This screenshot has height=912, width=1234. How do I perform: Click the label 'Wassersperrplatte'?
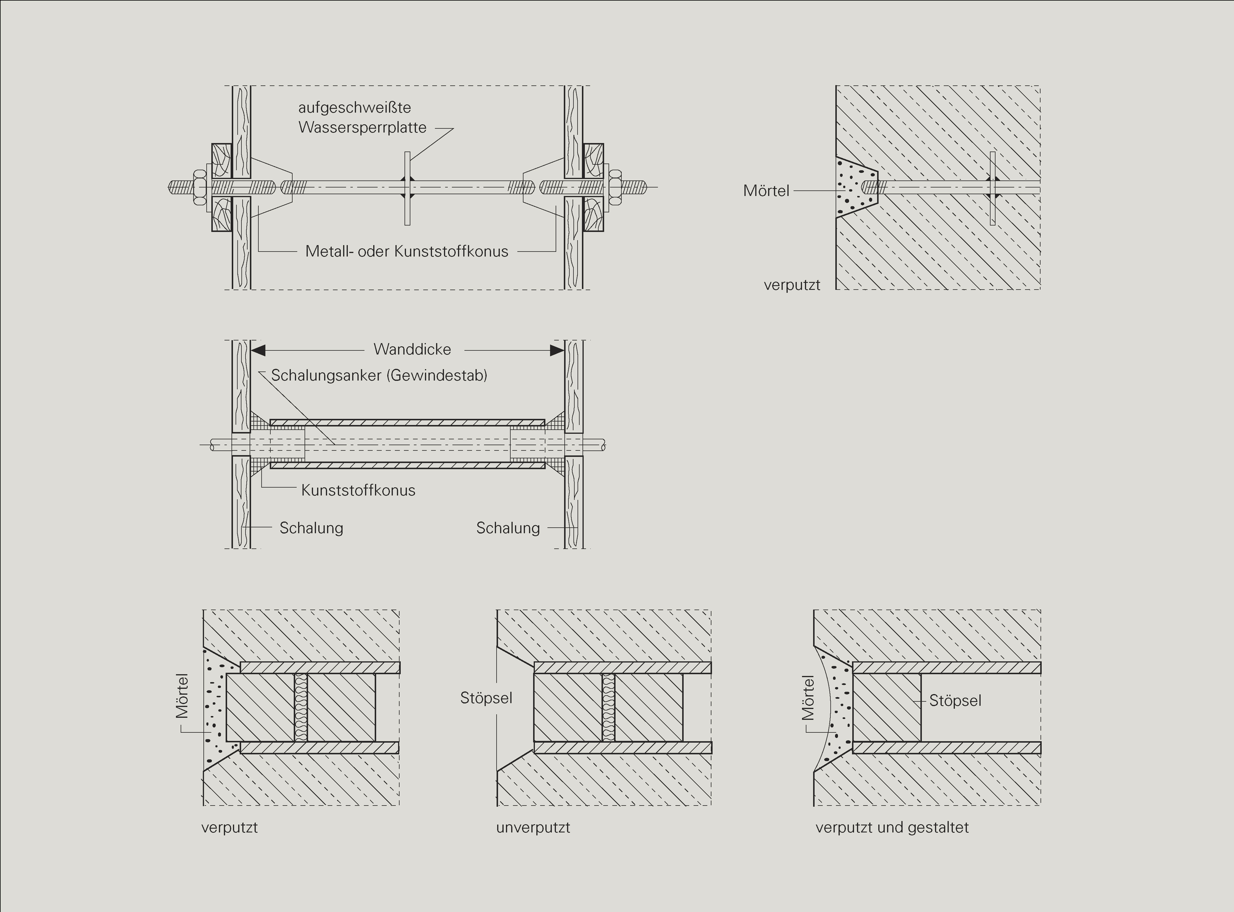click(362, 128)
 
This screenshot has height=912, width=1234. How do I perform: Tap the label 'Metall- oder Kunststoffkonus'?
click(407, 252)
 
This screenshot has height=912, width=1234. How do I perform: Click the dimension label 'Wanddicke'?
click(412, 350)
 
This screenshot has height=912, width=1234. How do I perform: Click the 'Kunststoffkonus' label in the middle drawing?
click(358, 490)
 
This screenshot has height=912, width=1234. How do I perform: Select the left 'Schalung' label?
click(311, 528)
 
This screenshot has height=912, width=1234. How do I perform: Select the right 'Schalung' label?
click(507, 528)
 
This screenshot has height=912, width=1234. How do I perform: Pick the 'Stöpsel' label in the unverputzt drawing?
click(486, 698)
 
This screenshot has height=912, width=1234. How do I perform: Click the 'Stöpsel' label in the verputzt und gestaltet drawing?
click(955, 701)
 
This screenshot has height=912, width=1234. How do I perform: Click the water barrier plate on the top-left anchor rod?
click(407, 188)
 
